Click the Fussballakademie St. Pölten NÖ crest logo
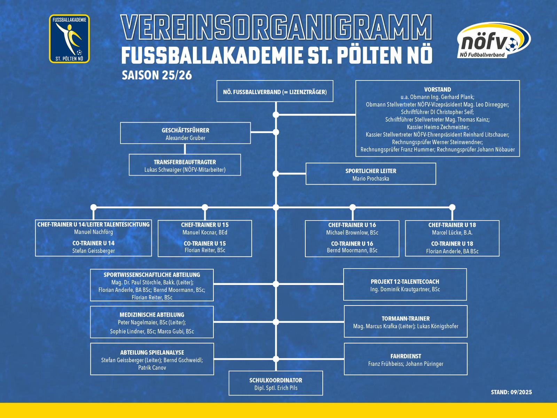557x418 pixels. tap(69, 39)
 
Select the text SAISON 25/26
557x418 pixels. tap(157, 75)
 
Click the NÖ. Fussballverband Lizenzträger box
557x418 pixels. tap(275, 92)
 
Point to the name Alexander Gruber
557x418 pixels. tap(185, 138)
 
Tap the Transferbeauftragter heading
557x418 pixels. tap(185, 162)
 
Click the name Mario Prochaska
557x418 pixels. tap(371, 179)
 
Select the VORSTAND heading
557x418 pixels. tap(438, 90)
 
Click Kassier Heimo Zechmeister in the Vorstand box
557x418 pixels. tap(438, 127)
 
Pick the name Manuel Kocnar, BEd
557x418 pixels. tap(205, 232)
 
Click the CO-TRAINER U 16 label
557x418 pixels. tap(352, 243)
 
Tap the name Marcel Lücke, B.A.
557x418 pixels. tap(452, 233)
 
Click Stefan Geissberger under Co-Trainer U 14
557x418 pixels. tap(93, 251)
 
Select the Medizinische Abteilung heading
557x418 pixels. tap(152, 315)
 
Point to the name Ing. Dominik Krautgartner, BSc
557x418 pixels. tap(405, 289)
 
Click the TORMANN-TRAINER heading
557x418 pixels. tap(406, 318)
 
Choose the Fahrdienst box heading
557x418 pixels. tap(406, 356)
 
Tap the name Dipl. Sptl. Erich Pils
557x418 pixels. tap(276, 388)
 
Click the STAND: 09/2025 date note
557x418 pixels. tap(511, 392)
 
